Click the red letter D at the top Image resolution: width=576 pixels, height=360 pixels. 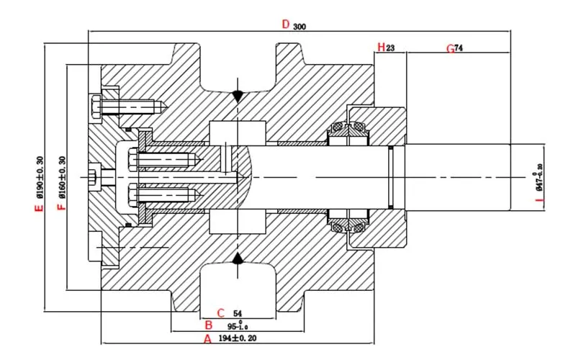[x=286, y=24]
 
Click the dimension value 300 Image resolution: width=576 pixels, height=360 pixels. [x=300, y=26]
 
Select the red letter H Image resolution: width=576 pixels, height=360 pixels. [x=380, y=48]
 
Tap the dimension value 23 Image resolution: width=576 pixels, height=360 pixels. [x=391, y=48]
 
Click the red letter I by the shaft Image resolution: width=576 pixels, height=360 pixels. [x=528, y=206]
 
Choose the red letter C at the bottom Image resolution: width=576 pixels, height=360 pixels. [x=222, y=313]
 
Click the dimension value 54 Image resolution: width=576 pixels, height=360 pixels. [x=237, y=313]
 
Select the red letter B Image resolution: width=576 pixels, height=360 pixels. [x=208, y=325]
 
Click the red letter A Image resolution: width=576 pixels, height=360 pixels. [x=207, y=338]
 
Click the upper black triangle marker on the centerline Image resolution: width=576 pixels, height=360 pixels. [x=238, y=96]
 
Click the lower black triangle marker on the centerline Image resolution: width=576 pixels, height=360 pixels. [x=238, y=258]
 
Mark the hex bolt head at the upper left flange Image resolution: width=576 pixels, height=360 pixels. [x=96, y=108]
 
